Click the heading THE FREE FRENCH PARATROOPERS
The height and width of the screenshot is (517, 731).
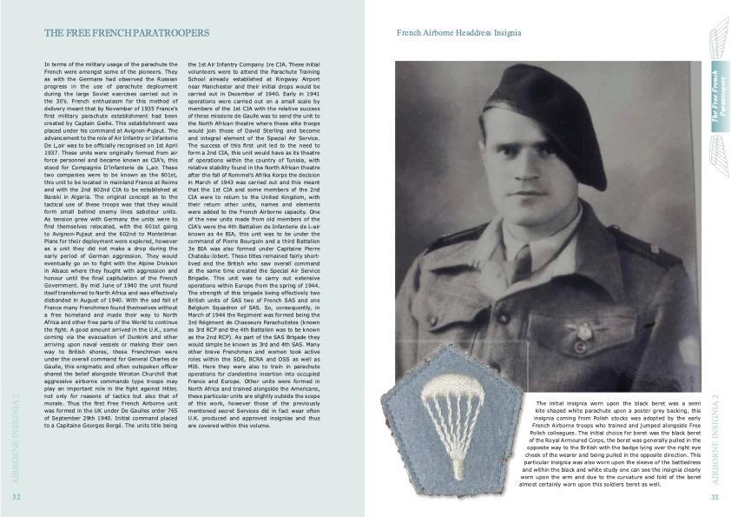tap(127, 33)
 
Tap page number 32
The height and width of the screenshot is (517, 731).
tap(16, 497)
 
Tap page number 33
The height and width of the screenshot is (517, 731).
tap(715, 497)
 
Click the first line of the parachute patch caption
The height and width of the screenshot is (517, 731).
tap(617, 404)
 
